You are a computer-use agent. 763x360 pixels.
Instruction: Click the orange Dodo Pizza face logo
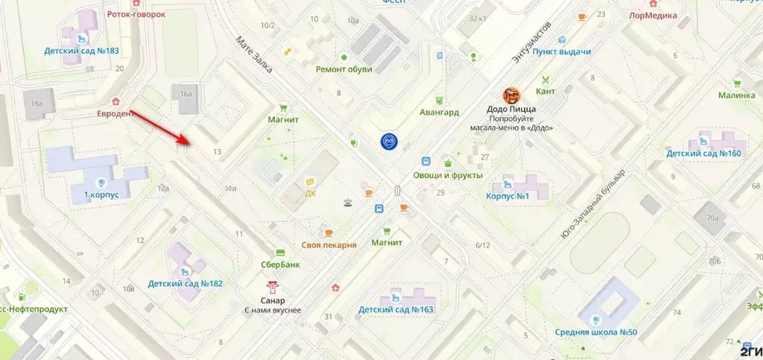tap(511, 95)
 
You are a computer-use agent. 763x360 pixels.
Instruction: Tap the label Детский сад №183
tap(81, 51)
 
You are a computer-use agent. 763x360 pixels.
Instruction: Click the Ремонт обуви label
tap(343, 69)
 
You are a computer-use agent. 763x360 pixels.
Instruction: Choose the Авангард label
tap(439, 112)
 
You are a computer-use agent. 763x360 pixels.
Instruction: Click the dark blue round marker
tap(389, 141)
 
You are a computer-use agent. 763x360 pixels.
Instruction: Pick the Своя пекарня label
tap(329, 244)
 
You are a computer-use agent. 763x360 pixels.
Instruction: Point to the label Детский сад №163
tap(396, 309)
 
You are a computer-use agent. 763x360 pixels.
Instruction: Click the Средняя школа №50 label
tap(596, 332)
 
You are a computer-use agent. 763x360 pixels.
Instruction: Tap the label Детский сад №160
tap(704, 154)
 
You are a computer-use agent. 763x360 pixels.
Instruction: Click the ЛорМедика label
tap(653, 15)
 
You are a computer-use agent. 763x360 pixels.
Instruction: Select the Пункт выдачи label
tap(563, 51)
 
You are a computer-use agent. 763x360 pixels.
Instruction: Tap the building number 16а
tap(186, 94)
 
